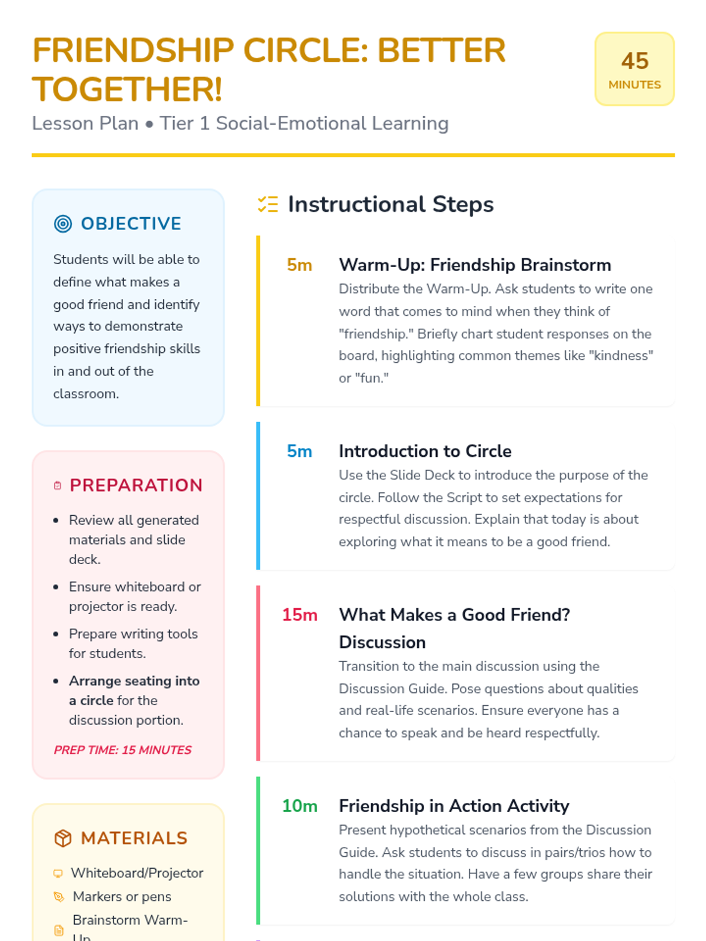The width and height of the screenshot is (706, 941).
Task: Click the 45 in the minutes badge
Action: click(x=634, y=61)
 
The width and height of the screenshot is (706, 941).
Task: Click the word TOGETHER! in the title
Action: click(x=127, y=89)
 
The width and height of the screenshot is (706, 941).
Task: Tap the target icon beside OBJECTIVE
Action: click(x=63, y=224)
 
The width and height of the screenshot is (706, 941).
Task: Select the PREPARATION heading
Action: click(x=136, y=485)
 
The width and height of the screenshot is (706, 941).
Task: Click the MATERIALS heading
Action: click(x=134, y=838)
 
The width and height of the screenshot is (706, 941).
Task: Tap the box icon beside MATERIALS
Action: click(x=63, y=838)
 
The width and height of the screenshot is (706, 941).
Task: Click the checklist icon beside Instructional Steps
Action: click(x=268, y=205)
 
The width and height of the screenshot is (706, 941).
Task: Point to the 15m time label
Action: click(x=299, y=615)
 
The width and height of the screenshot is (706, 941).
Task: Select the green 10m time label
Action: click(x=299, y=806)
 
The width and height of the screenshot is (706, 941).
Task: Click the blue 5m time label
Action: click(x=299, y=451)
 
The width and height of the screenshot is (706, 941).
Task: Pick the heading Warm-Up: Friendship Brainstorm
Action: click(x=475, y=265)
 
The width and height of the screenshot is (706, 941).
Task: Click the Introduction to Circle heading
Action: click(x=425, y=451)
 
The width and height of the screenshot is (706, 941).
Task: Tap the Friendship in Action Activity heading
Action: click(x=454, y=806)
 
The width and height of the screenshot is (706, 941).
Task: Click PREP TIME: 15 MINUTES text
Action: click(x=122, y=750)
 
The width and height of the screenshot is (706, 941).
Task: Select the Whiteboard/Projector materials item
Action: click(x=137, y=873)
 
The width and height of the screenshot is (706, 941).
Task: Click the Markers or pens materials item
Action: click(x=122, y=897)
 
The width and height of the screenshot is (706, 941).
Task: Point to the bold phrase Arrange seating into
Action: click(x=134, y=681)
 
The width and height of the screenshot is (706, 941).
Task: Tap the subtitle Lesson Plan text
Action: click(x=85, y=124)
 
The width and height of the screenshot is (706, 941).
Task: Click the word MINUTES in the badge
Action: click(x=634, y=85)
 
